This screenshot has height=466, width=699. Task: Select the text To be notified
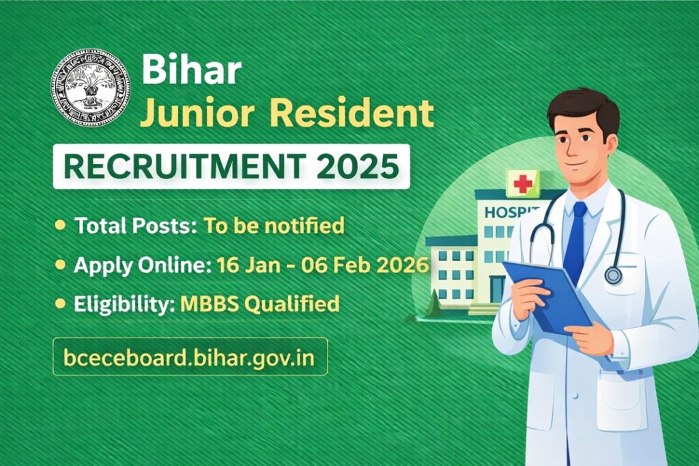(x=274, y=225)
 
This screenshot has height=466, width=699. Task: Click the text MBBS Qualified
(x=259, y=303)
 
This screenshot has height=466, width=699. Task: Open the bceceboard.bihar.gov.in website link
(x=189, y=357)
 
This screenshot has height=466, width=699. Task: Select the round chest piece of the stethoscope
(x=613, y=275)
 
